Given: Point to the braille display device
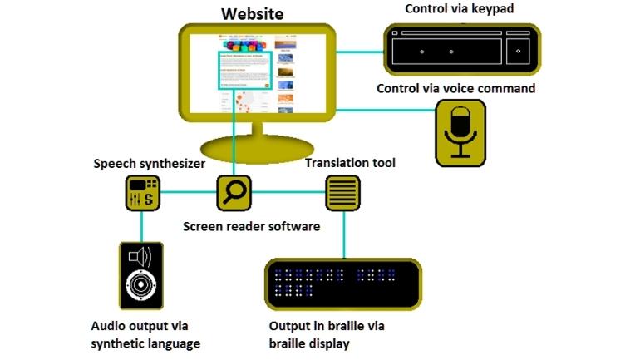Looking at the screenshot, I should pyautogui.click(x=342, y=284).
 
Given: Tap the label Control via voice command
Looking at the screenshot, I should pyautogui.click(x=455, y=88).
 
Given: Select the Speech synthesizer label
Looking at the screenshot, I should pyautogui.click(x=149, y=164).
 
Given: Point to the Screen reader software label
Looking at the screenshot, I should pyautogui.click(x=251, y=225).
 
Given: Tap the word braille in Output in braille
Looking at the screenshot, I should pyautogui.click(x=345, y=326).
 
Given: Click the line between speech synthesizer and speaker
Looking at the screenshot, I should pyautogui.click(x=140, y=226).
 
